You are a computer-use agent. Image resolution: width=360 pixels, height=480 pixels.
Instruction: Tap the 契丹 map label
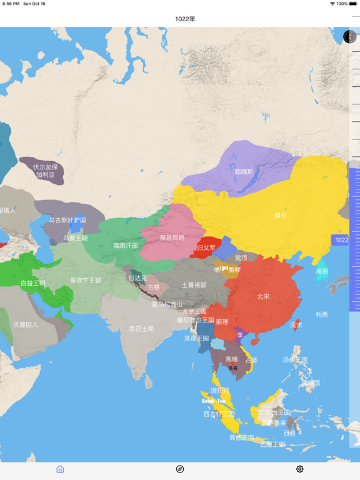[281, 216]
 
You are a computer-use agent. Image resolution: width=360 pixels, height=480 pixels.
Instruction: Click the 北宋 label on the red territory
[263, 296]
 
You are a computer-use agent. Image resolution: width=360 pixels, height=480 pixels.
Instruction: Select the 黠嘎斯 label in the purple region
[244, 172]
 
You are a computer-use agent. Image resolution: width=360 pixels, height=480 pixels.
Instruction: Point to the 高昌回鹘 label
[172, 237]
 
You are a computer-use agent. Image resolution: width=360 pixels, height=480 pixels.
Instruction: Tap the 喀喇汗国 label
[126, 246]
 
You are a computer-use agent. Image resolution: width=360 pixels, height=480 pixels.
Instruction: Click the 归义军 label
[206, 248]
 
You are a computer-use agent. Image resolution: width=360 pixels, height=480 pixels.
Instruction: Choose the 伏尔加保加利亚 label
[46, 171]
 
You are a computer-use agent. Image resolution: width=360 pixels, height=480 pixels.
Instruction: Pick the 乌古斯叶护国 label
[67, 220]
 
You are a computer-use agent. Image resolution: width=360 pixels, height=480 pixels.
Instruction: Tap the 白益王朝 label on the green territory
[32, 283]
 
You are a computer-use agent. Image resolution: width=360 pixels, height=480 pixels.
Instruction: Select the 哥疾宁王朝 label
[86, 281]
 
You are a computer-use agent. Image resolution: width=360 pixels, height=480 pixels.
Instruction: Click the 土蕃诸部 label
[194, 285]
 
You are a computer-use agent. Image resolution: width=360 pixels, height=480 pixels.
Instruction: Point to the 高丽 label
[322, 271]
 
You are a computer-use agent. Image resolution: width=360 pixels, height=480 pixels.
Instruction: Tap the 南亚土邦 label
[141, 329]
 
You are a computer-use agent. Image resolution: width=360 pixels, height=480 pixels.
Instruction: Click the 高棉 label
[231, 359]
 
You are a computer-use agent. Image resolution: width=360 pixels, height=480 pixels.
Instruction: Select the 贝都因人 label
[26, 325]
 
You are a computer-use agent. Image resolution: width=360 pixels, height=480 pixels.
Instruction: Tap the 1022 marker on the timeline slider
[341, 240]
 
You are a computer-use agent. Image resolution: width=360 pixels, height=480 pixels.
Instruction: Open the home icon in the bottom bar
[60, 469]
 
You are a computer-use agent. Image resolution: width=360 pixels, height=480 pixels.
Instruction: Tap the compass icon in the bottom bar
[180, 469]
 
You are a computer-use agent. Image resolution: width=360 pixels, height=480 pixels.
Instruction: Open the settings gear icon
[300, 469]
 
